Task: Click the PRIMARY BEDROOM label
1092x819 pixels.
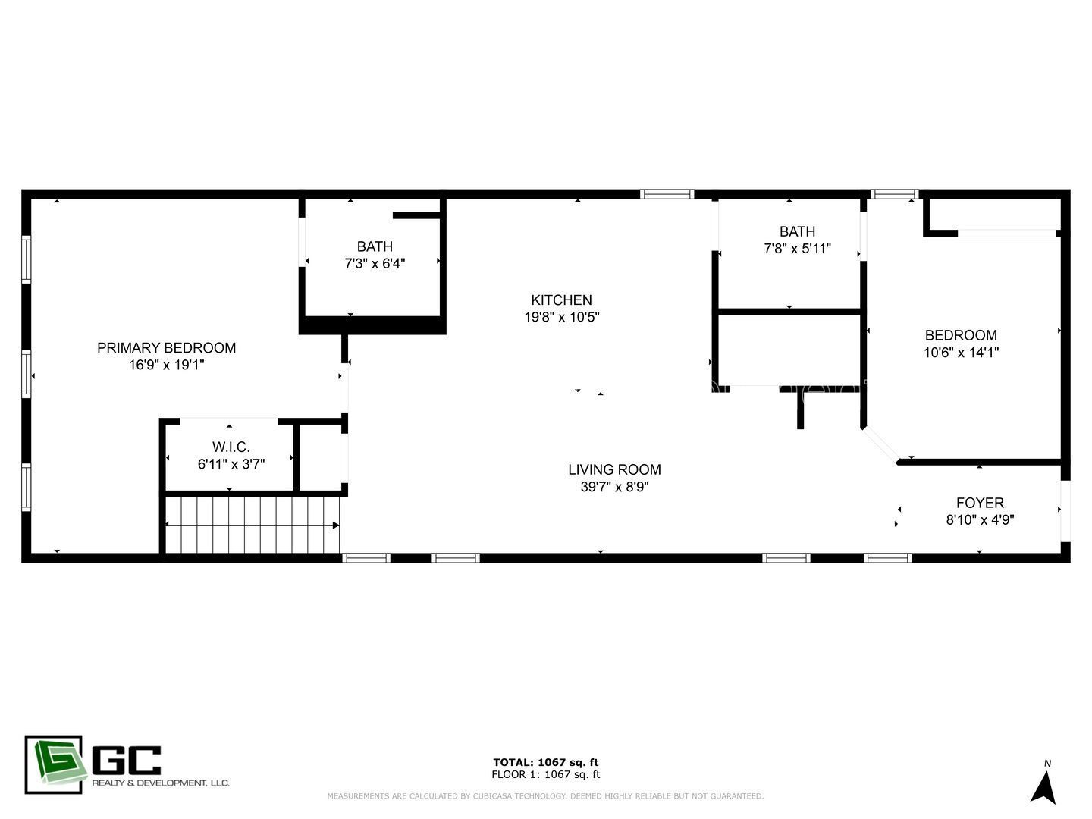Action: point(166,348)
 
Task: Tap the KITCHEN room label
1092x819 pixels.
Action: point(561,300)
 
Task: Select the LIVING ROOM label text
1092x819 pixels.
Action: point(614,470)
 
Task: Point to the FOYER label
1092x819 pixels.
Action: point(980,503)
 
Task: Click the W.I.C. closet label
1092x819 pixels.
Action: point(231,447)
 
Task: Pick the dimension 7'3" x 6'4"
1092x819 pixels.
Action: point(375,264)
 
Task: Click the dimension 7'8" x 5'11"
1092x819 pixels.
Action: point(797,249)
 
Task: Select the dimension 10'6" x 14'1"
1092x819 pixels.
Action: point(961,353)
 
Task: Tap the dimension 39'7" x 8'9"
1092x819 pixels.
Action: point(614,487)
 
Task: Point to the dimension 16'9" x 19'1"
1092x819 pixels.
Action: point(166,365)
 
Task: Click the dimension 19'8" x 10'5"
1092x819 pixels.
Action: point(561,317)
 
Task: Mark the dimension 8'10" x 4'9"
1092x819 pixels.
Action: point(980,520)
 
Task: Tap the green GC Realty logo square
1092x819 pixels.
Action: point(53,764)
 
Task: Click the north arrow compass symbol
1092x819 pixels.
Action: point(1044,786)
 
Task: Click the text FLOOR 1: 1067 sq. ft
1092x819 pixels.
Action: point(545,774)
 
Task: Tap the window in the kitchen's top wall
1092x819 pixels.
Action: point(667,194)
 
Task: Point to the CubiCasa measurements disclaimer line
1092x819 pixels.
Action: point(545,796)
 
